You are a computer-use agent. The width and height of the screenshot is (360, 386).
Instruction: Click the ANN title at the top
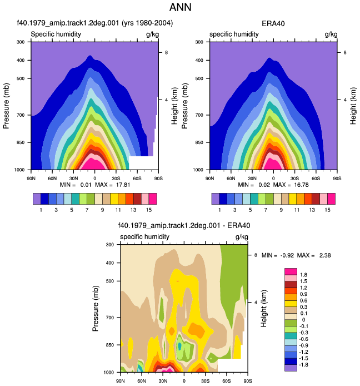(180, 7)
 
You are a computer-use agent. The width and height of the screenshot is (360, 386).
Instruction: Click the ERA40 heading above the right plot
(273, 23)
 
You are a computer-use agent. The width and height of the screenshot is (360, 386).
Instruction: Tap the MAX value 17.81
(123, 185)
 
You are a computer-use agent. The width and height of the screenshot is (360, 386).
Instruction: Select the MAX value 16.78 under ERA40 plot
(301, 185)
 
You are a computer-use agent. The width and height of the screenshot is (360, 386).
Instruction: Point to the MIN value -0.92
(287, 255)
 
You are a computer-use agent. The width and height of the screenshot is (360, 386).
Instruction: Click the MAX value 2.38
(325, 255)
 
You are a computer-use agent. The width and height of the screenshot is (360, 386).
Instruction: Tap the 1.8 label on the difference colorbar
(303, 275)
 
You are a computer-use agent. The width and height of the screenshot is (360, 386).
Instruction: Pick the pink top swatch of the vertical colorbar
(291, 271)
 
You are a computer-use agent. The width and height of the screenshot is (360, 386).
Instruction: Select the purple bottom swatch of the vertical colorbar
(291, 368)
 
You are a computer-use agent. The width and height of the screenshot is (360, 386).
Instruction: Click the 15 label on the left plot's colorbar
(149, 210)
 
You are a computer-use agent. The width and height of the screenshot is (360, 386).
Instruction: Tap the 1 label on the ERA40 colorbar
(219, 210)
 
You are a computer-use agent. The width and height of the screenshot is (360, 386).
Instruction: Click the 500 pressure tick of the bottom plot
(109, 281)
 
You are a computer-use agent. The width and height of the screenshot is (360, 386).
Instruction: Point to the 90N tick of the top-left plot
(31, 179)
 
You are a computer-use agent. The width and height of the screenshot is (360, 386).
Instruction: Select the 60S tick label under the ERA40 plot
(316, 179)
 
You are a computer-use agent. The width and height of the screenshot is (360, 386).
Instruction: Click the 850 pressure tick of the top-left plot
(21, 142)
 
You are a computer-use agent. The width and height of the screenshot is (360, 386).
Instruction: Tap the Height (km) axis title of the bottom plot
(263, 309)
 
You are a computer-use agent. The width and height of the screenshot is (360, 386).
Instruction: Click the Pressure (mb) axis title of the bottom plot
(96, 309)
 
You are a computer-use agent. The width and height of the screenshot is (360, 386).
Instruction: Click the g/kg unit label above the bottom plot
(242, 237)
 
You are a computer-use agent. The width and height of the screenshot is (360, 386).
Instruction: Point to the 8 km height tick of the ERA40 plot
(345, 52)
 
